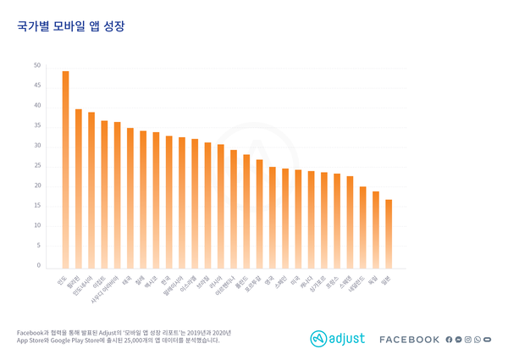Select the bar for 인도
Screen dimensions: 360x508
tap(66, 169)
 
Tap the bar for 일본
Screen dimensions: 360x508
tap(389, 234)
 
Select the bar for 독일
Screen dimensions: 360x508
tap(376, 230)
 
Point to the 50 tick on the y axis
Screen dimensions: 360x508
tap(37, 66)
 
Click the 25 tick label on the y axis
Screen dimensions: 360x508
tap(37, 166)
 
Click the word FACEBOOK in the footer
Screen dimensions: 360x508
tap(409, 340)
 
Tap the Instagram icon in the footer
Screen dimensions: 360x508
tap(468, 340)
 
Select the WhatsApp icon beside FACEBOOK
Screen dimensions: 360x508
tap(478, 340)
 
